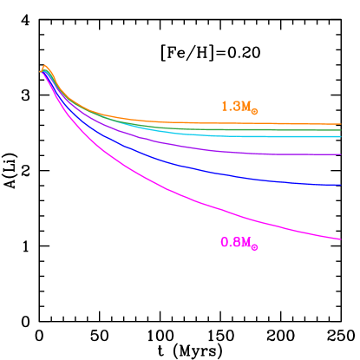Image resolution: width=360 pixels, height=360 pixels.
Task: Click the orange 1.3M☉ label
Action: (239, 107)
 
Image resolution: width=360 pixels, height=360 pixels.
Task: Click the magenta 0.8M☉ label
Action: (239, 243)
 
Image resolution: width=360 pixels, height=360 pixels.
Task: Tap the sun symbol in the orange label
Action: (254, 111)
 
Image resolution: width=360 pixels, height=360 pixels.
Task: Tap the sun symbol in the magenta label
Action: (254, 247)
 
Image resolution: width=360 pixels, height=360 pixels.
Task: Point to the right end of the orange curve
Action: (340, 125)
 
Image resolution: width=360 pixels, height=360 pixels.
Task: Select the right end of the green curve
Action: (340, 130)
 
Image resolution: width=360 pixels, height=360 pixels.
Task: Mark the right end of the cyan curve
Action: (340, 136)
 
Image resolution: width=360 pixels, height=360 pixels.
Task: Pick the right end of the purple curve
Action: (340, 154)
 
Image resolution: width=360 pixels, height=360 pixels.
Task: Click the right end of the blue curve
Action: (340, 184)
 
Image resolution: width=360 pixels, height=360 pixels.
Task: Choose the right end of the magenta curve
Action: (340, 239)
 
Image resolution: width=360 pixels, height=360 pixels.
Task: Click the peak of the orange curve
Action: (44, 65)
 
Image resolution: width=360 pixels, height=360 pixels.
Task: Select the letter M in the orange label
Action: (245, 107)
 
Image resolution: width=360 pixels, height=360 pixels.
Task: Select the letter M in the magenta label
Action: (245, 243)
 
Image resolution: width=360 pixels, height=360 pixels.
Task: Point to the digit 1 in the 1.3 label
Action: (225, 107)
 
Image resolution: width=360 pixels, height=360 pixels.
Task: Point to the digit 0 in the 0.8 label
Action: (225, 243)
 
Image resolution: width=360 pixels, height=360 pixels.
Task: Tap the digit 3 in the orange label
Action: (236, 107)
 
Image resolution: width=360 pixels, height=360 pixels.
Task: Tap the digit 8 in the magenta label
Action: (236, 243)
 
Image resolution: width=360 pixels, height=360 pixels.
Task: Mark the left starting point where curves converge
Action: (40, 72)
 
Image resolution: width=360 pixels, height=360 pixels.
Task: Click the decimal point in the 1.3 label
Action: (231, 110)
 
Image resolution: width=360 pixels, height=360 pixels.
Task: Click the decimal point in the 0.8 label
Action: (231, 246)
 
